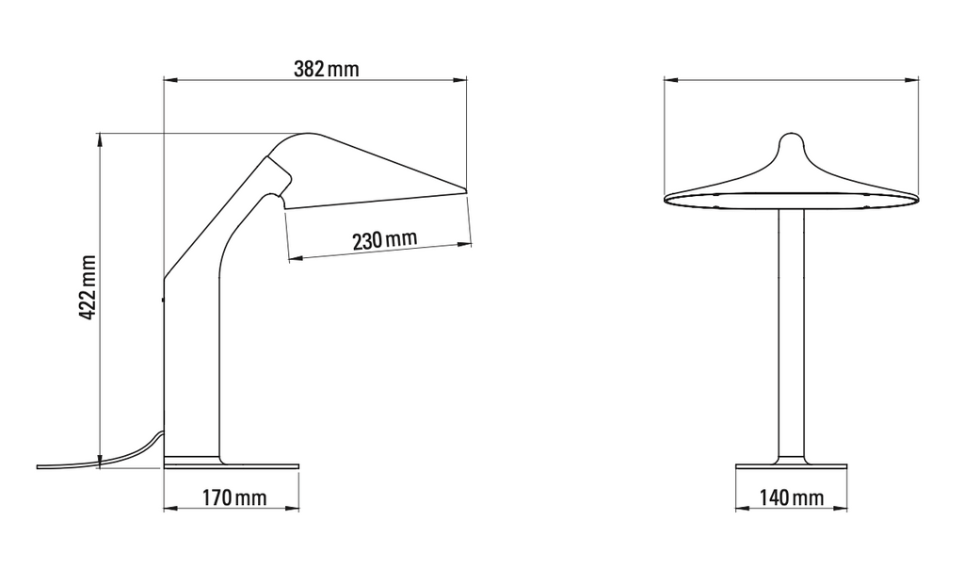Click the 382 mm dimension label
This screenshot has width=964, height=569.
pyautogui.click(x=326, y=68)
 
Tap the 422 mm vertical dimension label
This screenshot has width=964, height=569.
pyautogui.click(x=88, y=287)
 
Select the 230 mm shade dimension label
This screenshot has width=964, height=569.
pyautogui.click(x=385, y=239)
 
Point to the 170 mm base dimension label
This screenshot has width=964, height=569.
pyautogui.click(x=234, y=497)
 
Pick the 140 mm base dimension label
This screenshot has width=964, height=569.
pyautogui.click(x=791, y=497)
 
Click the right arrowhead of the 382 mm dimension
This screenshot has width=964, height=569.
pyautogui.click(x=459, y=79)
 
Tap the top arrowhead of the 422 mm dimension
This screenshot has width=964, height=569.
pyautogui.click(x=99, y=140)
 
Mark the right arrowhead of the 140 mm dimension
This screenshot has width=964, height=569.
pyautogui.click(x=840, y=508)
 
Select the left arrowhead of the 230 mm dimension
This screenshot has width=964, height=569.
pyautogui.click(x=296, y=259)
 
